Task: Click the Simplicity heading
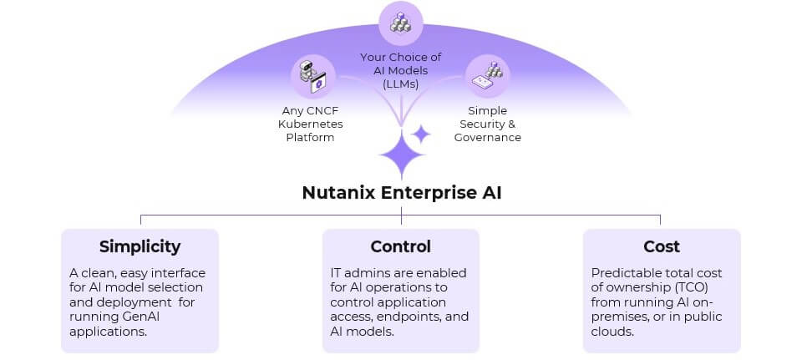[140, 246]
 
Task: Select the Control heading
[401, 246]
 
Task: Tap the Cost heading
[661, 246]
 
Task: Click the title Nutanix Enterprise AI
[401, 193]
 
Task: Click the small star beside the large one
[421, 134]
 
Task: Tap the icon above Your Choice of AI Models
[400, 23]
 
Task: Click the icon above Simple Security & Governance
[489, 76]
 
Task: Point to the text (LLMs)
[401, 84]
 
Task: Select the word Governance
[487, 137]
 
